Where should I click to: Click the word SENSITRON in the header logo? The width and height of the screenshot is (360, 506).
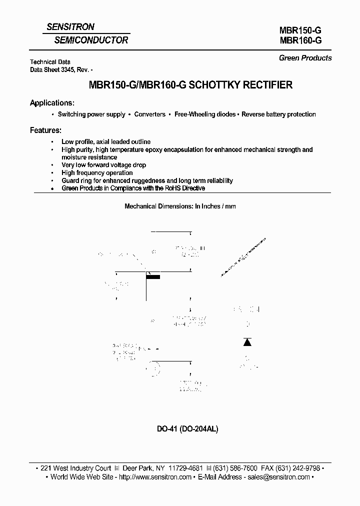(70, 27)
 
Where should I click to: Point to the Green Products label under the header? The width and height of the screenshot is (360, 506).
(305, 58)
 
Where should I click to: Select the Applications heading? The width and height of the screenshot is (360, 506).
(52, 103)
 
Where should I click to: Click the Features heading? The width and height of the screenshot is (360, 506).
(45, 130)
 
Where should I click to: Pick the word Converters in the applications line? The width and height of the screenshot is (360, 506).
(149, 114)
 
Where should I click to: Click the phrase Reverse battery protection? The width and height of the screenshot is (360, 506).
(278, 114)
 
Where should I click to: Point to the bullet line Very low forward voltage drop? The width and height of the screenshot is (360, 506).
(103, 165)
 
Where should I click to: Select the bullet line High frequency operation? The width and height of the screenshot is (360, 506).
(97, 173)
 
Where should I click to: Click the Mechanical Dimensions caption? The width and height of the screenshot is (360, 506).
(179, 206)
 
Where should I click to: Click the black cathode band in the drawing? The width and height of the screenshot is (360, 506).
(153, 276)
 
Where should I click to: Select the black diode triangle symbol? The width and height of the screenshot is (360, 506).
(247, 342)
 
